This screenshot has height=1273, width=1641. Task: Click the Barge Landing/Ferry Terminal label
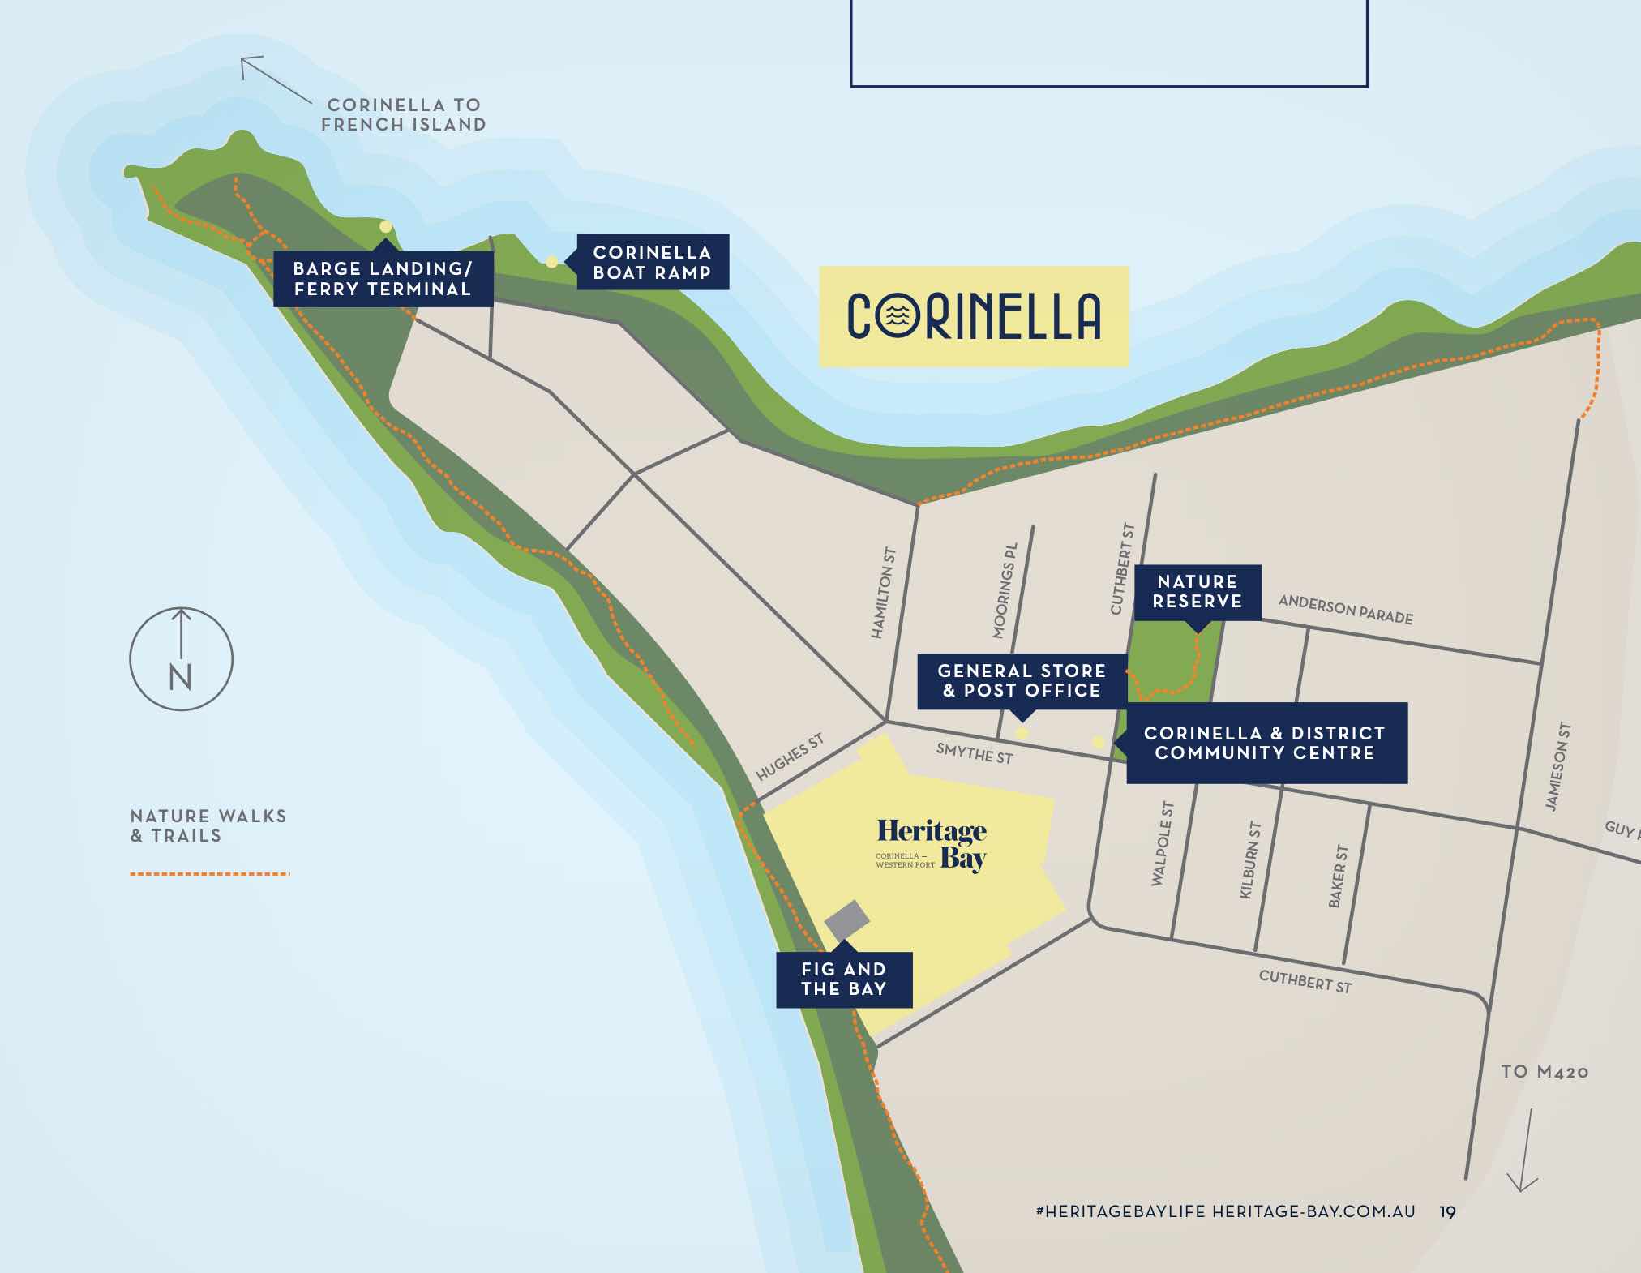[383, 279]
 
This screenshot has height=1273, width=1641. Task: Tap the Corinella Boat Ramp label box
[653, 262]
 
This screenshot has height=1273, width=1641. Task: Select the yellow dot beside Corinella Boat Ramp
[551, 262]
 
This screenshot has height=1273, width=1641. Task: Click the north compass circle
[181, 659]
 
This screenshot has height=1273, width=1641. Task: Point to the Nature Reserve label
[1198, 592]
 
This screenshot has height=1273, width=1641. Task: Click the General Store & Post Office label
[1022, 681]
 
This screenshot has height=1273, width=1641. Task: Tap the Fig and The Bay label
[844, 979]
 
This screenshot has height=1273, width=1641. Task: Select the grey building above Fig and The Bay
[847, 920]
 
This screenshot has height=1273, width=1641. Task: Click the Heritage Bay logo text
[932, 844]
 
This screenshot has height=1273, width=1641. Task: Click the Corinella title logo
[974, 316]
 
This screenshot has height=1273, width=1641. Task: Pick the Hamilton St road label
[883, 593]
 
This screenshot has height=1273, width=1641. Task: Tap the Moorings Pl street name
[1005, 591]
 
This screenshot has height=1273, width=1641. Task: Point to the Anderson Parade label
[1345, 610]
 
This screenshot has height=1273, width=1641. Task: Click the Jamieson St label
[1557, 766]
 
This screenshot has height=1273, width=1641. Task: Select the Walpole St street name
[1162, 843]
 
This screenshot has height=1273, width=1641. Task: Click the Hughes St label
[790, 757]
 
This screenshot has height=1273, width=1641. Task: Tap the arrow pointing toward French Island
[275, 79]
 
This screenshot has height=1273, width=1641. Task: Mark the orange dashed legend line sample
[209, 874]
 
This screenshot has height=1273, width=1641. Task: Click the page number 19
[1447, 1212]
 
